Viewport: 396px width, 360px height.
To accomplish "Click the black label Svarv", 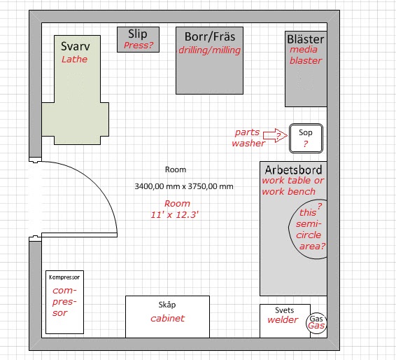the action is pyautogui.click(x=76, y=46).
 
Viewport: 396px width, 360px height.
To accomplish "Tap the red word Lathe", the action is pyautogui.click(x=74, y=60).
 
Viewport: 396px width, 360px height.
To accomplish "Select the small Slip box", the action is pyautogui.click(x=138, y=40).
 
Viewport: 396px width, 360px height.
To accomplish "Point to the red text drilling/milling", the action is pyautogui.click(x=209, y=50).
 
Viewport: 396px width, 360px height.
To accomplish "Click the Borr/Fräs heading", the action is pyautogui.click(x=210, y=36).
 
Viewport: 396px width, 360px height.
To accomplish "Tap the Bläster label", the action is pyautogui.click(x=305, y=39).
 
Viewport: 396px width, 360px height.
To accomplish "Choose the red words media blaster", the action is pyautogui.click(x=306, y=55).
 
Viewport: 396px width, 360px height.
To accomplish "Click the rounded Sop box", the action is pyautogui.click(x=306, y=138).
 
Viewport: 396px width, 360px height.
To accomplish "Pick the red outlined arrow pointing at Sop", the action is pyautogui.click(x=275, y=135).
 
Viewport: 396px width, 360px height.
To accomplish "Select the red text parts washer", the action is pyautogui.click(x=248, y=138).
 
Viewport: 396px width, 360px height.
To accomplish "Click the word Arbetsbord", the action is pyautogui.click(x=293, y=170).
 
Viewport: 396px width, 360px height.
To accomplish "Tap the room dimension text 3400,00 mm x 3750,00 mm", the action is pyautogui.click(x=184, y=186).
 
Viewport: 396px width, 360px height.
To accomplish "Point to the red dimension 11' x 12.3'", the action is pyautogui.click(x=175, y=215).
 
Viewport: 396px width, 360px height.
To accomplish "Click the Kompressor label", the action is pyautogui.click(x=64, y=277).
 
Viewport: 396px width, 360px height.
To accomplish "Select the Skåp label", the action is pyautogui.click(x=167, y=305).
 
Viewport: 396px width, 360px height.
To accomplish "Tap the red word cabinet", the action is pyautogui.click(x=167, y=319).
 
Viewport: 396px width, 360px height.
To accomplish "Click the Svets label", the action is pyautogui.click(x=284, y=310).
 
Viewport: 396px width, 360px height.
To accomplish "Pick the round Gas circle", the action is pyautogui.click(x=317, y=322).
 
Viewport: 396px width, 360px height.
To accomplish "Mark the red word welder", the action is pyautogui.click(x=283, y=320).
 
